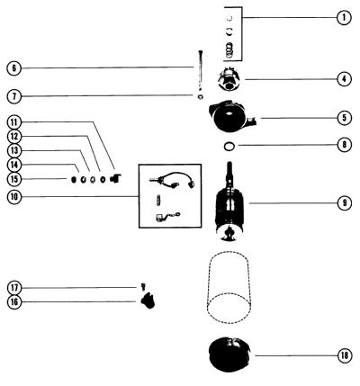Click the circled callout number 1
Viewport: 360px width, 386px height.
tap(344, 17)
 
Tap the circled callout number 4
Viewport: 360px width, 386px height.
tap(344, 79)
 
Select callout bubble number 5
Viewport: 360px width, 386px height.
tap(344, 118)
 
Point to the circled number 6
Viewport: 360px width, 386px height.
tap(13, 68)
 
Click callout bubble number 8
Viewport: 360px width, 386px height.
tap(344, 145)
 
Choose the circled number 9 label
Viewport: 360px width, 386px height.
tap(344, 203)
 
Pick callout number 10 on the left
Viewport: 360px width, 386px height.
tap(14, 197)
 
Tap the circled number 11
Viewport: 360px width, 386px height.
tap(14, 122)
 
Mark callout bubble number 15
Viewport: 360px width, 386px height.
tap(14, 179)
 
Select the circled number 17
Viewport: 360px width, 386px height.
tap(14, 288)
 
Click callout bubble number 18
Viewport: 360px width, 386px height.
tap(344, 355)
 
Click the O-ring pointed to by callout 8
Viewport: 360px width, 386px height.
tap(229, 147)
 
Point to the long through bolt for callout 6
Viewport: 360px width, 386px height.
tap(201, 71)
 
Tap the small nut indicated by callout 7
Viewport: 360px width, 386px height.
tap(201, 96)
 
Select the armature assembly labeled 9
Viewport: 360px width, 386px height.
tap(229, 202)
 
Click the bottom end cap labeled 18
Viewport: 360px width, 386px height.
tap(230, 355)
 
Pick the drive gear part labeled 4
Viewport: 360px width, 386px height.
tap(229, 79)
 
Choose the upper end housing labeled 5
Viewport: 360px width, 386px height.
tap(232, 116)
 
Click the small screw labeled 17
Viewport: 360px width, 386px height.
tap(143, 286)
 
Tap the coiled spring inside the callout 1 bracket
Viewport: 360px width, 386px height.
tap(229, 49)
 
